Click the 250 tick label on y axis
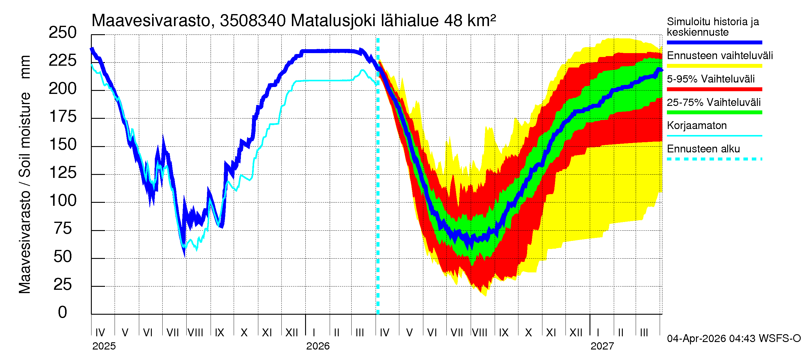[x=62, y=33]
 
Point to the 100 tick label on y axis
[x=62, y=201]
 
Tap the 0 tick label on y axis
[x=62, y=313]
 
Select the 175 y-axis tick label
[x=62, y=117]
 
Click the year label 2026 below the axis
[x=318, y=346]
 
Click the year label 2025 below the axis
[x=104, y=346]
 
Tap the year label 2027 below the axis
[x=602, y=346]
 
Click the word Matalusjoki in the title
[x=333, y=21]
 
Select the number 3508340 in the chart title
[x=253, y=21]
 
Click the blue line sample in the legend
[x=714, y=42]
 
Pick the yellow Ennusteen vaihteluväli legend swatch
[x=714, y=66]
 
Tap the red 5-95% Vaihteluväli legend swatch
[x=714, y=89]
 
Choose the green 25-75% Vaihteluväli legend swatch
[x=714, y=112]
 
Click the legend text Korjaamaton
[x=697, y=126]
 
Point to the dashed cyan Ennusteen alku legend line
[x=714, y=159]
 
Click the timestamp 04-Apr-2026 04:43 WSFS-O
[x=733, y=339]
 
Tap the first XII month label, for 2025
[x=291, y=333]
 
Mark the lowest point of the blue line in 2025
[x=184, y=255]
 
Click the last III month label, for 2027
[x=644, y=333]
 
